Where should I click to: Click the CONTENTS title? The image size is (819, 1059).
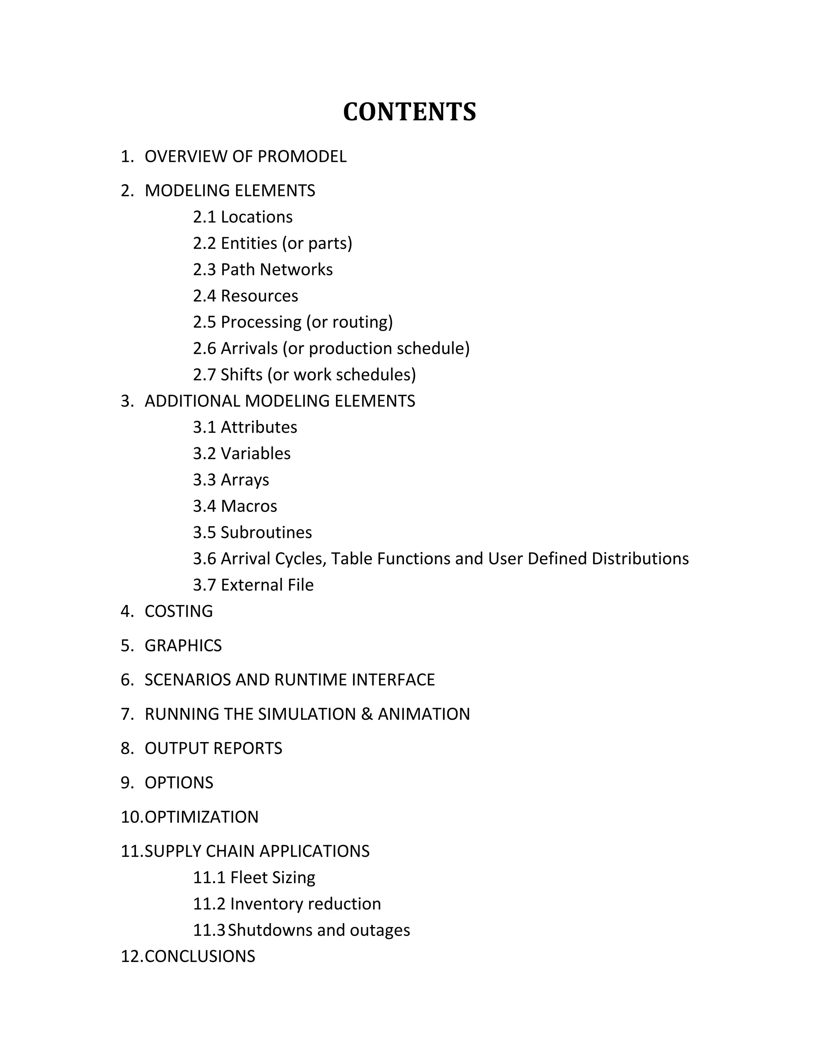coord(409,112)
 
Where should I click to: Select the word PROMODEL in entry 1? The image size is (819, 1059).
coord(302,157)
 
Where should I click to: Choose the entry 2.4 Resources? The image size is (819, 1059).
coord(246,296)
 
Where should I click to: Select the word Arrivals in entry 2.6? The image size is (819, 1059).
coord(250,348)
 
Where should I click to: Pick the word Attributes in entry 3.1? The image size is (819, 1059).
coord(259,427)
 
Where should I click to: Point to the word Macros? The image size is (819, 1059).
coord(249,506)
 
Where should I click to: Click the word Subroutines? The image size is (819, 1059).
coord(266,532)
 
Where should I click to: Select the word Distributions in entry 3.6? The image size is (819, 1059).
coord(640,559)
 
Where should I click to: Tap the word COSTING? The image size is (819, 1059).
coord(178,611)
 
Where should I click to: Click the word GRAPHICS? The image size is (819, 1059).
coord(183,646)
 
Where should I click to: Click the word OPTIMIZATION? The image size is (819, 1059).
coord(202,817)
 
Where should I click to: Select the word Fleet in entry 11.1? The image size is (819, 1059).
coord(246,878)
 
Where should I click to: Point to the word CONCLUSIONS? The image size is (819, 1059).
coord(200,956)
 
